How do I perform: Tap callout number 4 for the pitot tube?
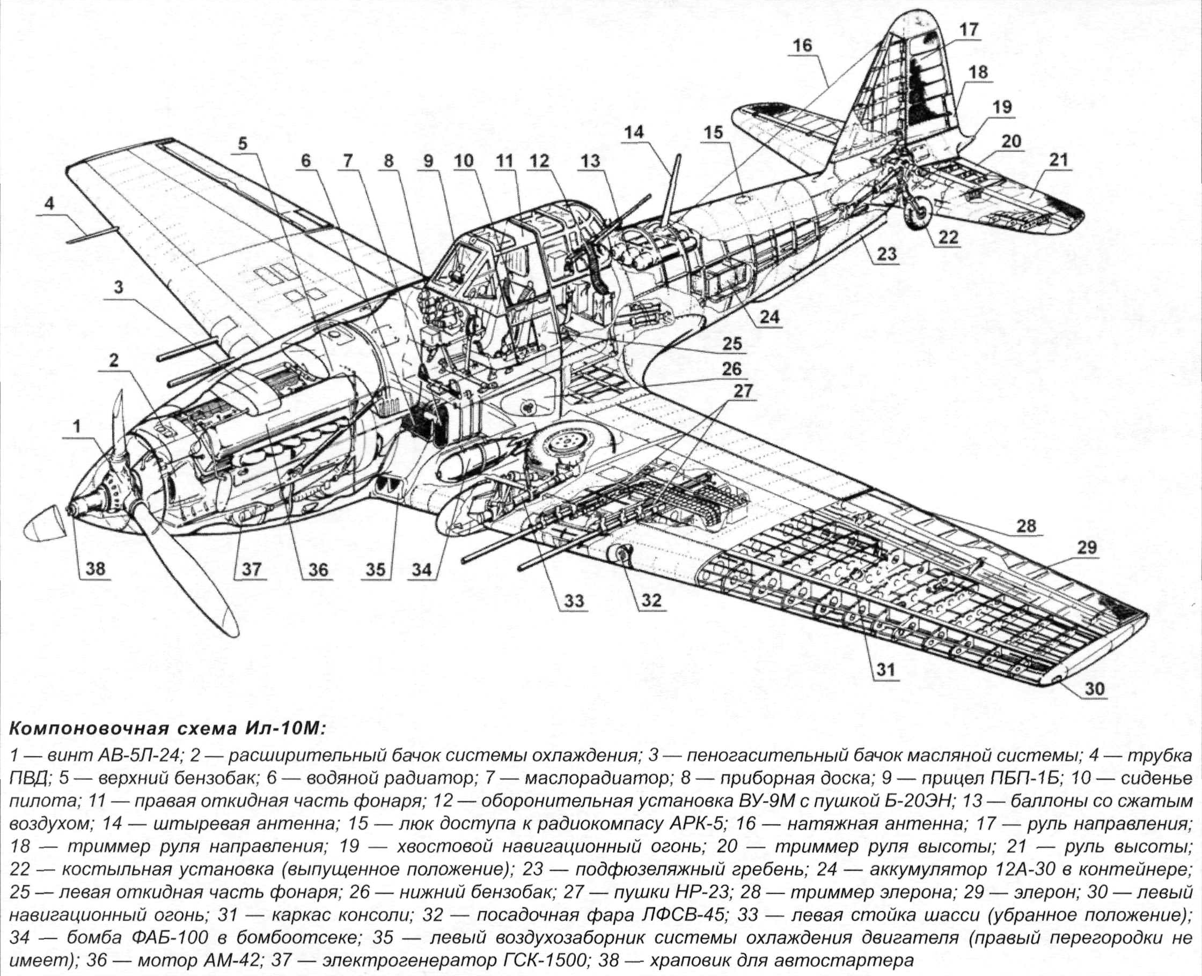pos(49,204)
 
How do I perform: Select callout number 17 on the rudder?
pos(969,30)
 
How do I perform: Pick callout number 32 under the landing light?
pos(651,601)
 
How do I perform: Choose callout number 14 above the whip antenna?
pos(634,132)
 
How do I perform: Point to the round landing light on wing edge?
pos(622,556)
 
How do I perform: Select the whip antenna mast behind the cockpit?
pos(672,188)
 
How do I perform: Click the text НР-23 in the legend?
pos(709,892)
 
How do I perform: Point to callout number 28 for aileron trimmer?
pos(1026,526)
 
